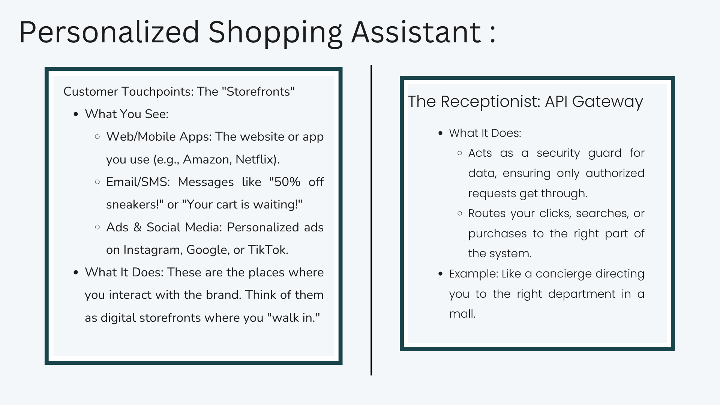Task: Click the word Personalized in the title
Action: (x=109, y=32)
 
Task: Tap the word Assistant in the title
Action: (x=416, y=32)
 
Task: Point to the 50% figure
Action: (x=285, y=182)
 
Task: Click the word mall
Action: (x=462, y=313)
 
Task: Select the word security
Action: (x=558, y=153)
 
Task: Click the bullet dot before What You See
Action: (x=76, y=114)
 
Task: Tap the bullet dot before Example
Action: (x=441, y=274)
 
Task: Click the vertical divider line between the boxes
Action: (x=371, y=220)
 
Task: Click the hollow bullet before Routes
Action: (x=460, y=213)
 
